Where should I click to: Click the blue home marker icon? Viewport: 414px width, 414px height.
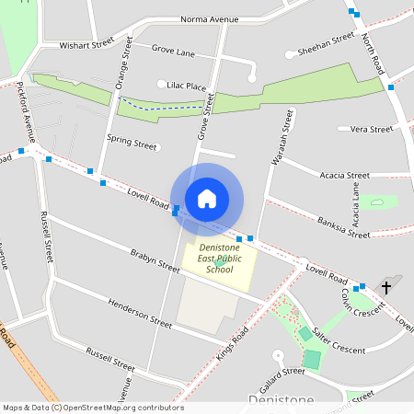coord(207,198)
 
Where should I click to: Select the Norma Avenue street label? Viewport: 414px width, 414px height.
coord(209,19)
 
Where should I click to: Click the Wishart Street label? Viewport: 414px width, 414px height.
coord(86,43)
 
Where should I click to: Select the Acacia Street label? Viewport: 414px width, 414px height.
coord(344,175)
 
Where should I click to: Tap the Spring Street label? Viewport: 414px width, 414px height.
coord(132,143)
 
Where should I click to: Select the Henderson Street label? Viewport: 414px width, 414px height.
coord(140,313)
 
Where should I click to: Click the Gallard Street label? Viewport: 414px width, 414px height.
coord(281,372)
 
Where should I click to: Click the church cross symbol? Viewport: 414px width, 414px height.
coord(385,288)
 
